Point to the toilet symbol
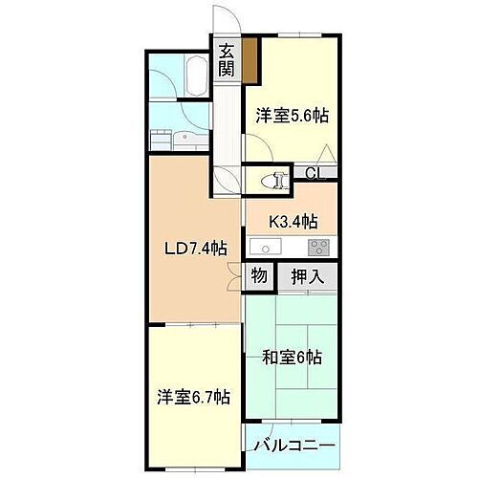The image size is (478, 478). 278,179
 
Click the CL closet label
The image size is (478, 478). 312,173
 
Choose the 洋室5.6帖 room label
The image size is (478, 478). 293,116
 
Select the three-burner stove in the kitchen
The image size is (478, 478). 317,248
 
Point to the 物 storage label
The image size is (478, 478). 259,277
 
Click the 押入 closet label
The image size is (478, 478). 306,277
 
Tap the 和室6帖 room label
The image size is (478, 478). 293,358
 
